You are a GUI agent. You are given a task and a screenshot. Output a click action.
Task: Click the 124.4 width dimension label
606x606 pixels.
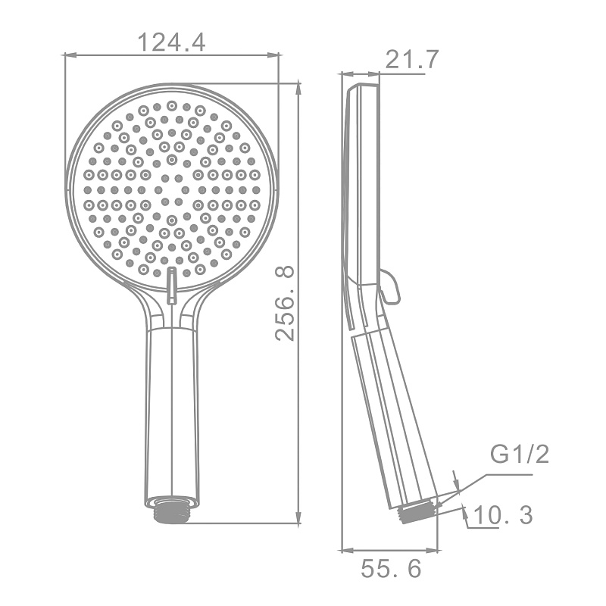[172, 42]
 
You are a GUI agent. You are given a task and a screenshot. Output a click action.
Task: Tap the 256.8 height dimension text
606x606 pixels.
[285, 304]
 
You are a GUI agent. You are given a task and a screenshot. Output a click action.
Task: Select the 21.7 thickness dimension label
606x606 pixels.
[412, 59]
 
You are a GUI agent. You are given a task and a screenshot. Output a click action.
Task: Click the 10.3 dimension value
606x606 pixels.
[502, 515]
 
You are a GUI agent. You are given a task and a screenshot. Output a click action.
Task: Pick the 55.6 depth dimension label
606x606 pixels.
[391, 569]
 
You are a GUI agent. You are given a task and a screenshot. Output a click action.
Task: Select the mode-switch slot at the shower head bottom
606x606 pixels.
[171, 285]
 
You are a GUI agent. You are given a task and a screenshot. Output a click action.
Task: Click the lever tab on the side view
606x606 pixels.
[389, 287]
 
